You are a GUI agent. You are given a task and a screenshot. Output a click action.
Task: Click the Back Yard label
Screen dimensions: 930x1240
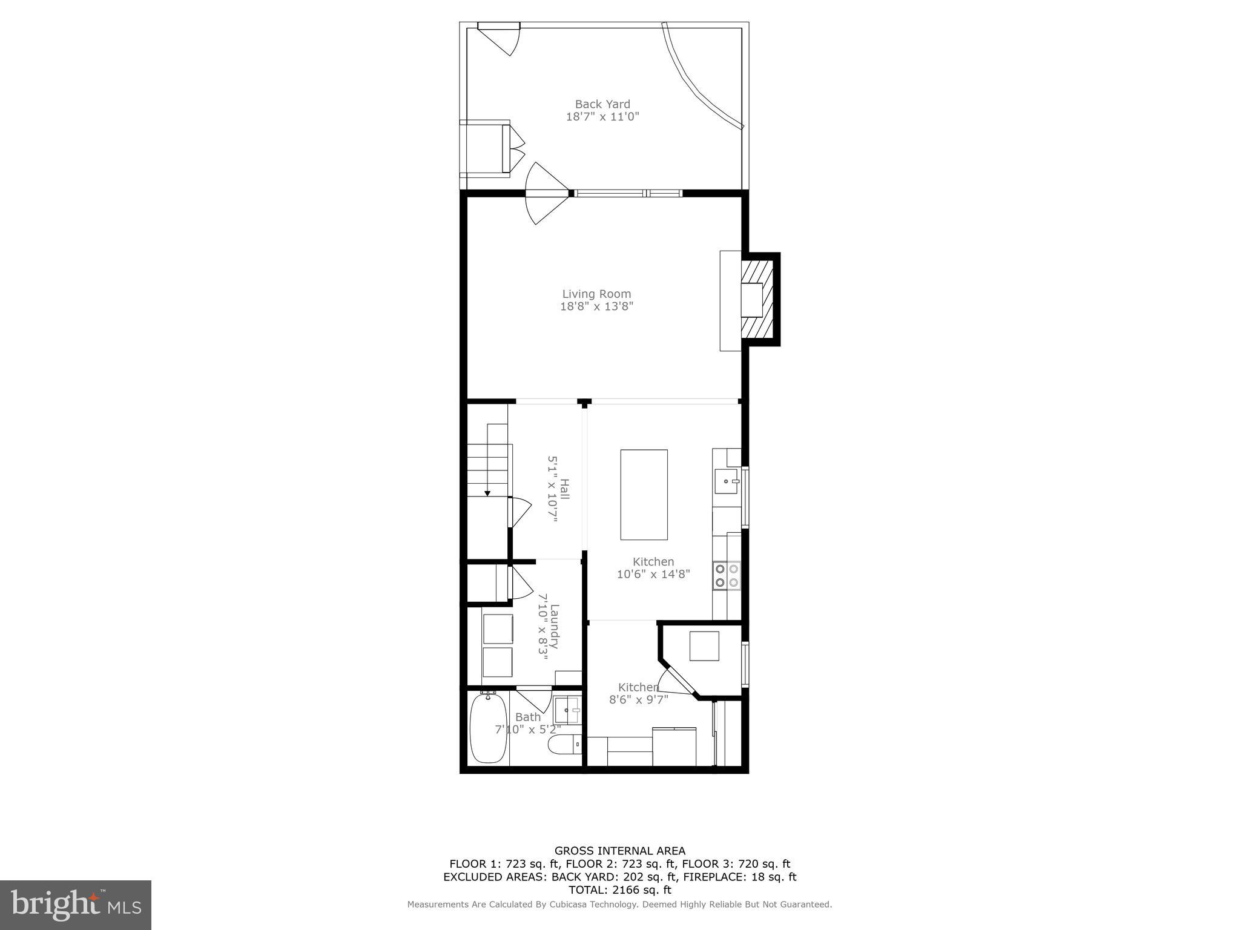click(602, 104)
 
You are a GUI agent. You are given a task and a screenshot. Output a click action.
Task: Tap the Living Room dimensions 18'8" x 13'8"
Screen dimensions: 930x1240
click(596, 306)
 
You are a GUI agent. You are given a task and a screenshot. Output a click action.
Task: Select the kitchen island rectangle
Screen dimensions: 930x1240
click(644, 494)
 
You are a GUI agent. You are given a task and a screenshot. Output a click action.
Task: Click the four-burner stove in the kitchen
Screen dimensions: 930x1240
click(727, 575)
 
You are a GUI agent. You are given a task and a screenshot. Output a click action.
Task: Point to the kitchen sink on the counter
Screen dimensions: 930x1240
click(726, 481)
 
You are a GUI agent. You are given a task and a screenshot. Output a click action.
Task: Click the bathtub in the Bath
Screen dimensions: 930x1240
click(488, 728)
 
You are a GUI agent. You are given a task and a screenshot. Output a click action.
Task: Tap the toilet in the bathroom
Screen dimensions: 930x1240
click(564, 744)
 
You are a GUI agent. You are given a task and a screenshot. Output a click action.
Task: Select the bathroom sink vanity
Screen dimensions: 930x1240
click(568, 710)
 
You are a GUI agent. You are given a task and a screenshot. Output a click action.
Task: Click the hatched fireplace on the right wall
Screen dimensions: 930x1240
click(760, 299)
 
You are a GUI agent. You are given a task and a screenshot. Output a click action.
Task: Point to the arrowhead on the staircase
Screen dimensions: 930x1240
click(487, 493)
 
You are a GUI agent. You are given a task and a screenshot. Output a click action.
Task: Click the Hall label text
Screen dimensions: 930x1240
click(564, 489)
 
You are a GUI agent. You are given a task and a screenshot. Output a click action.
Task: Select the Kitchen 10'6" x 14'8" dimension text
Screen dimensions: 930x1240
click(653, 574)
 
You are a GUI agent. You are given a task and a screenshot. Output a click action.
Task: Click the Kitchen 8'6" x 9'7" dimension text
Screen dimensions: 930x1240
click(638, 699)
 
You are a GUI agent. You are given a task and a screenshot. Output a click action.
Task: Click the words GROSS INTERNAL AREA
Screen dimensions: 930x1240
click(619, 851)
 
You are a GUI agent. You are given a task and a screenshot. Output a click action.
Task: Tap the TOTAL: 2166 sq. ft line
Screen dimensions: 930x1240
click(619, 890)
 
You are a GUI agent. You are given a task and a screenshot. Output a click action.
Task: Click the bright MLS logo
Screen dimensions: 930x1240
click(76, 905)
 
